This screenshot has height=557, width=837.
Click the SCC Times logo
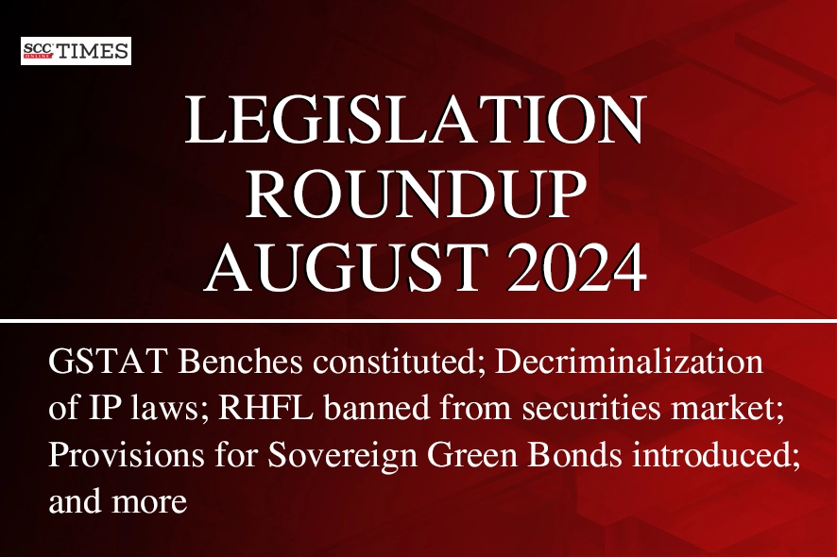coord(76,51)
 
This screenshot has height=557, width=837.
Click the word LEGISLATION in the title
coord(416,119)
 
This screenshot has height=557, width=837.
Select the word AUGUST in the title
coord(347,266)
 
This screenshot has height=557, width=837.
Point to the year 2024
coord(577,266)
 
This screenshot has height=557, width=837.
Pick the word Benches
coord(241,362)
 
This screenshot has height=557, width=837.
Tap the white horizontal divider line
coord(418,321)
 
